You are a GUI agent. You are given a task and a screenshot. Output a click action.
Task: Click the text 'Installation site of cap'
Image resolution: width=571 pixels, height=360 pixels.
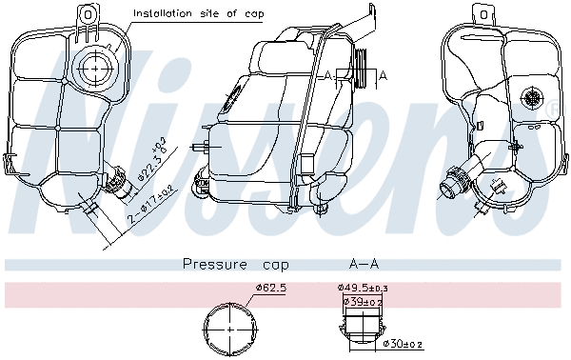coord(198,13)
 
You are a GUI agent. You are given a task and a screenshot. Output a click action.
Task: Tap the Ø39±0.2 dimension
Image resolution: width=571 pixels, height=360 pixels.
coord(363,301)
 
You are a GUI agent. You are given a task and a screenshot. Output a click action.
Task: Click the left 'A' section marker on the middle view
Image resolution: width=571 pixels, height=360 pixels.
coord(327,74)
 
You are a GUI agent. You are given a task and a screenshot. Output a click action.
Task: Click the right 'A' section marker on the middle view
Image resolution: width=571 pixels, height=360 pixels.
coord(383,74)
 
